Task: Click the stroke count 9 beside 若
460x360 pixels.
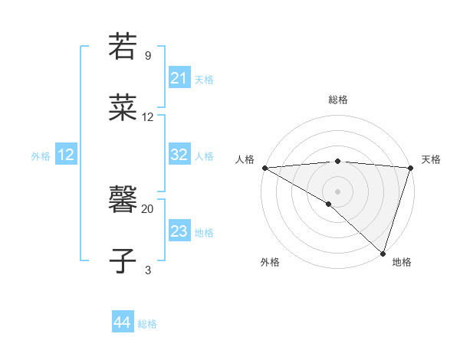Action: [147, 55]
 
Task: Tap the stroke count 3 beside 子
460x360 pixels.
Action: [147, 270]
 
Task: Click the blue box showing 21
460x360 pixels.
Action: [179, 78]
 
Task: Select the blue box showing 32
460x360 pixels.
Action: [179, 155]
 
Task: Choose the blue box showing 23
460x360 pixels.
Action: [179, 231]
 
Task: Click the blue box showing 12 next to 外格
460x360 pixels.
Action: [66, 155]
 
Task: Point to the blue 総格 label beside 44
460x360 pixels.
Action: [148, 324]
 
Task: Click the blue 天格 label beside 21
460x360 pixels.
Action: [205, 79]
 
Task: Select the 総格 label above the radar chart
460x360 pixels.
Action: [338, 100]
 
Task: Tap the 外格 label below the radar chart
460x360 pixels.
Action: [270, 263]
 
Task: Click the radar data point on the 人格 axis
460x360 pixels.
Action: [264, 168]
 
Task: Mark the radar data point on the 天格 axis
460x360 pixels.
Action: [410, 168]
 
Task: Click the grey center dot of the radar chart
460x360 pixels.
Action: [337, 191]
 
